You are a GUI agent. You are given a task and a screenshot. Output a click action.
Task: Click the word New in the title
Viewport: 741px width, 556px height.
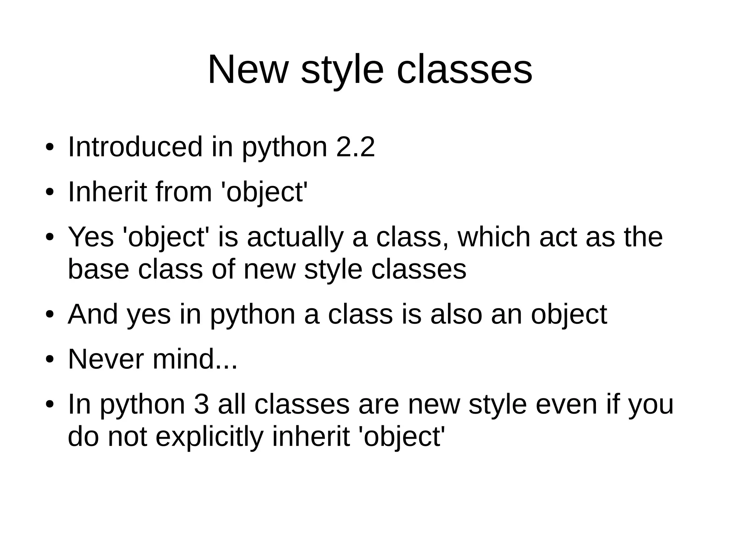click(x=248, y=69)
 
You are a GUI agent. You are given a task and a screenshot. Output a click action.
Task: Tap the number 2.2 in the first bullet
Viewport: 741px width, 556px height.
click(x=355, y=147)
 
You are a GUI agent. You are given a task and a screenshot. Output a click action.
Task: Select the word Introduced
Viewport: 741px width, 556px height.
click(x=135, y=147)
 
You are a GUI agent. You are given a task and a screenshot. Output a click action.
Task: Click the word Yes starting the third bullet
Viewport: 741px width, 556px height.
click(x=91, y=237)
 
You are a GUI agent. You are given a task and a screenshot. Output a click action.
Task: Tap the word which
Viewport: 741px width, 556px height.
click(x=494, y=237)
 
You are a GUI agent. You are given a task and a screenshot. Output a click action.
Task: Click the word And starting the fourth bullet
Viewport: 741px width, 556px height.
click(x=93, y=314)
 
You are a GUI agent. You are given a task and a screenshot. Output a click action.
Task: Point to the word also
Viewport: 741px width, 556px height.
click(x=456, y=314)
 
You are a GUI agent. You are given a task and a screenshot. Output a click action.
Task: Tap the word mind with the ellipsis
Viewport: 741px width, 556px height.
click(x=195, y=359)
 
